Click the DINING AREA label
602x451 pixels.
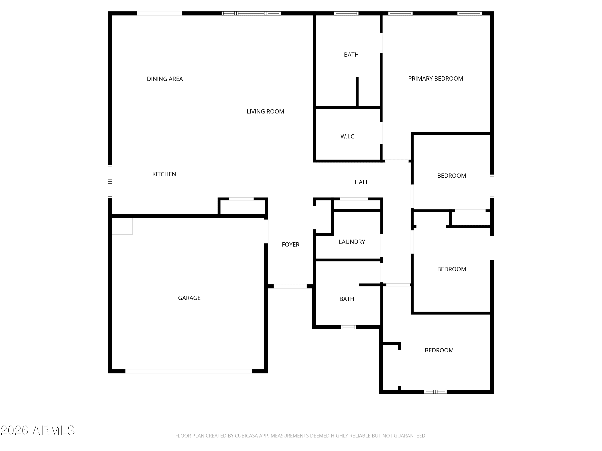(165, 79)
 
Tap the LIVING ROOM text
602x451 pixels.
(265, 111)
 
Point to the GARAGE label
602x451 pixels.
(189, 298)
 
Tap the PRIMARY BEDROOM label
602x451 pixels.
(435, 79)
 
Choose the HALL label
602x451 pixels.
(361, 182)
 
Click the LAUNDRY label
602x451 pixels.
(352, 242)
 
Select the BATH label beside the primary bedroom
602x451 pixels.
(351, 55)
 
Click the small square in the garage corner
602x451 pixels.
(122, 226)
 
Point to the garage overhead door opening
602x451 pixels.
(188, 371)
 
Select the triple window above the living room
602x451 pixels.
(251, 13)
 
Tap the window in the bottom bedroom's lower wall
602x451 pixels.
(435, 392)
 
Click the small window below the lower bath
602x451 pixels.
(348, 327)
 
